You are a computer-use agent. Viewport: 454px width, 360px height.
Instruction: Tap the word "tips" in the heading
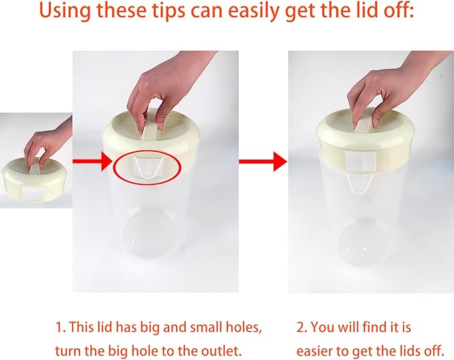click(167, 11)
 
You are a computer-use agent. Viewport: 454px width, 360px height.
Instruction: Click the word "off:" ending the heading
click(399, 10)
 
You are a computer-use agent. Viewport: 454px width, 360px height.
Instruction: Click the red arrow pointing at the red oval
click(92, 161)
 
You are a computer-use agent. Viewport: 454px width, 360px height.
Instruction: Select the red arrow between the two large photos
click(263, 162)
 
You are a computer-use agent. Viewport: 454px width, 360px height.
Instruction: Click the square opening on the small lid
click(33, 193)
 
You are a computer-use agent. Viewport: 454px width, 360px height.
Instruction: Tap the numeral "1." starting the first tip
click(60, 328)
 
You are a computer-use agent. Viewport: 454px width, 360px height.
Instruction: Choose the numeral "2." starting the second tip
click(302, 328)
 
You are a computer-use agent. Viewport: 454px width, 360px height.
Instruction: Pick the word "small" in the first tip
click(205, 327)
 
